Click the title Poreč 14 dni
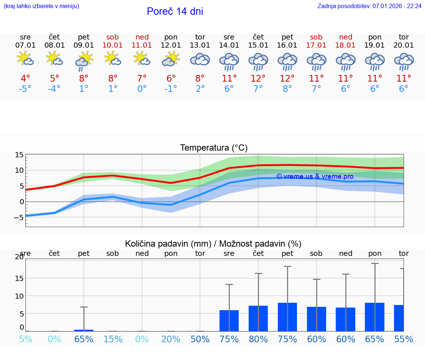click(175, 11)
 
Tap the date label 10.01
click(113, 45)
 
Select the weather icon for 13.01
click(200, 59)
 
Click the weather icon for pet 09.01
click(84, 61)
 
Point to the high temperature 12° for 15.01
click(258, 78)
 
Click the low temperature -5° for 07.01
click(25, 89)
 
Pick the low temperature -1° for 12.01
click(171, 89)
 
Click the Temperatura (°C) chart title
click(214, 148)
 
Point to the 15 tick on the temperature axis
click(20, 155)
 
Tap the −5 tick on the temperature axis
click(18, 217)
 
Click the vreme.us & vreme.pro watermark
click(315, 176)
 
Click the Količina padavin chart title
click(213, 244)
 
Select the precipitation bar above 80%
click(258, 318)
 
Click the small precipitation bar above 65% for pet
click(84, 330)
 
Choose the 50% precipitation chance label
click(200, 339)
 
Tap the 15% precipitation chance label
click(113, 339)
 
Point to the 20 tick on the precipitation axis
click(20, 257)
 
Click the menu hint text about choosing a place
click(41, 6)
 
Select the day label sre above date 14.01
click(229, 37)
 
